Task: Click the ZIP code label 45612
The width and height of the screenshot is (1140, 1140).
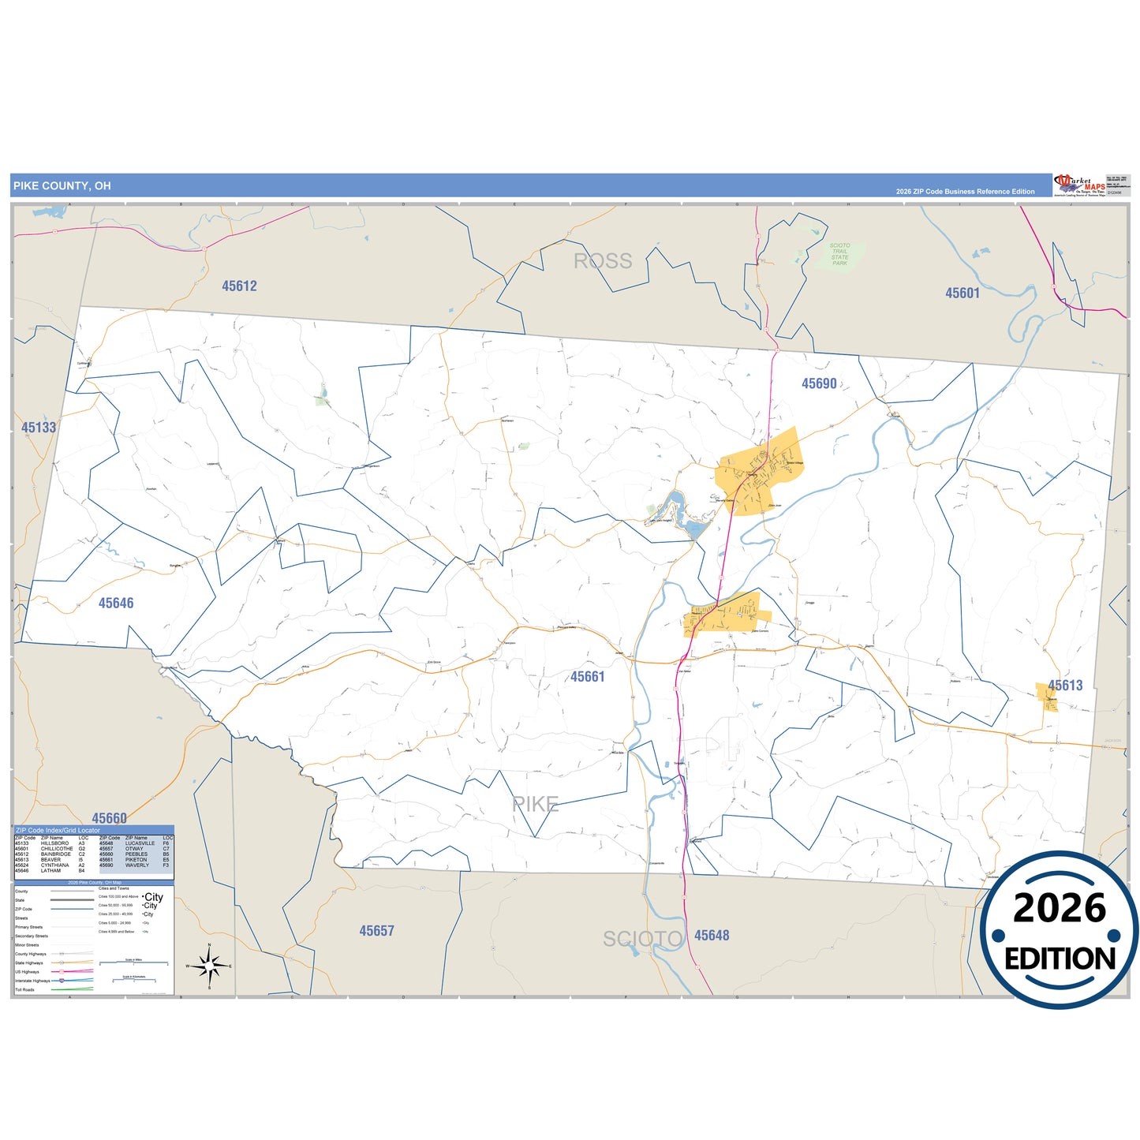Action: tap(239, 286)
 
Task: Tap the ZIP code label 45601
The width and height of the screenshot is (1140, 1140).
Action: tap(962, 293)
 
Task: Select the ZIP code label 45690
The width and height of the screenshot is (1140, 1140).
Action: tap(819, 383)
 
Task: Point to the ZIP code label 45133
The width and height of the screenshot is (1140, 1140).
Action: tap(39, 428)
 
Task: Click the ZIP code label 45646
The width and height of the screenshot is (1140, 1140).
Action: tap(116, 603)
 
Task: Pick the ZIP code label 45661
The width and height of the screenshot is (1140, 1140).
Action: tap(588, 677)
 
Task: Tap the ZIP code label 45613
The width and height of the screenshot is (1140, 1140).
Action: tap(1065, 686)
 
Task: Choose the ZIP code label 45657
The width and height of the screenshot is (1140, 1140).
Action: tap(376, 931)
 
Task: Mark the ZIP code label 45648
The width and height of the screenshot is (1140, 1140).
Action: tap(712, 936)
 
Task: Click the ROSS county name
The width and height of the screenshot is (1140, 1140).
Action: tap(603, 261)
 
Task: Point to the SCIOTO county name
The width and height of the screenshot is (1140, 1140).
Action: tap(643, 939)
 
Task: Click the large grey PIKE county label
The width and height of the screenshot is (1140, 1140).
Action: tap(536, 805)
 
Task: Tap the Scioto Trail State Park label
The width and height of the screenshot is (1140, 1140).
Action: tap(839, 254)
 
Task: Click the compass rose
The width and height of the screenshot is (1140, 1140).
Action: tap(209, 966)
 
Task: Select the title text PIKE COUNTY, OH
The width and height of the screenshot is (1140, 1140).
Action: tap(62, 186)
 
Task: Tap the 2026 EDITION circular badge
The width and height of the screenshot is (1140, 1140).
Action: tap(1060, 930)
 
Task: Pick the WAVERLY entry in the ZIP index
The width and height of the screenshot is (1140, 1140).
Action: tap(136, 865)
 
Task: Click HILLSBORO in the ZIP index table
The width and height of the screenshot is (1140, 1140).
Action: tap(54, 843)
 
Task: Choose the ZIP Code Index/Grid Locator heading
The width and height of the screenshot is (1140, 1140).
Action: tap(58, 831)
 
